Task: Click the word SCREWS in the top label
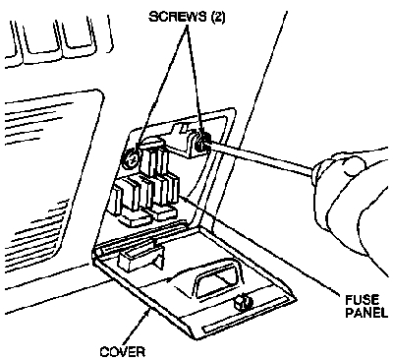point(178,17)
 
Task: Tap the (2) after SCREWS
point(218,17)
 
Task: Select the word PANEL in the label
point(366,312)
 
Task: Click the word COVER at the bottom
point(122,352)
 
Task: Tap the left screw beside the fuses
point(131,159)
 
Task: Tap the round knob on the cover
point(243,302)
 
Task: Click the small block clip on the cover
point(140,259)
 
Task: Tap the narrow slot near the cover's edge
point(246,317)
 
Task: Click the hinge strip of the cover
point(140,237)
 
